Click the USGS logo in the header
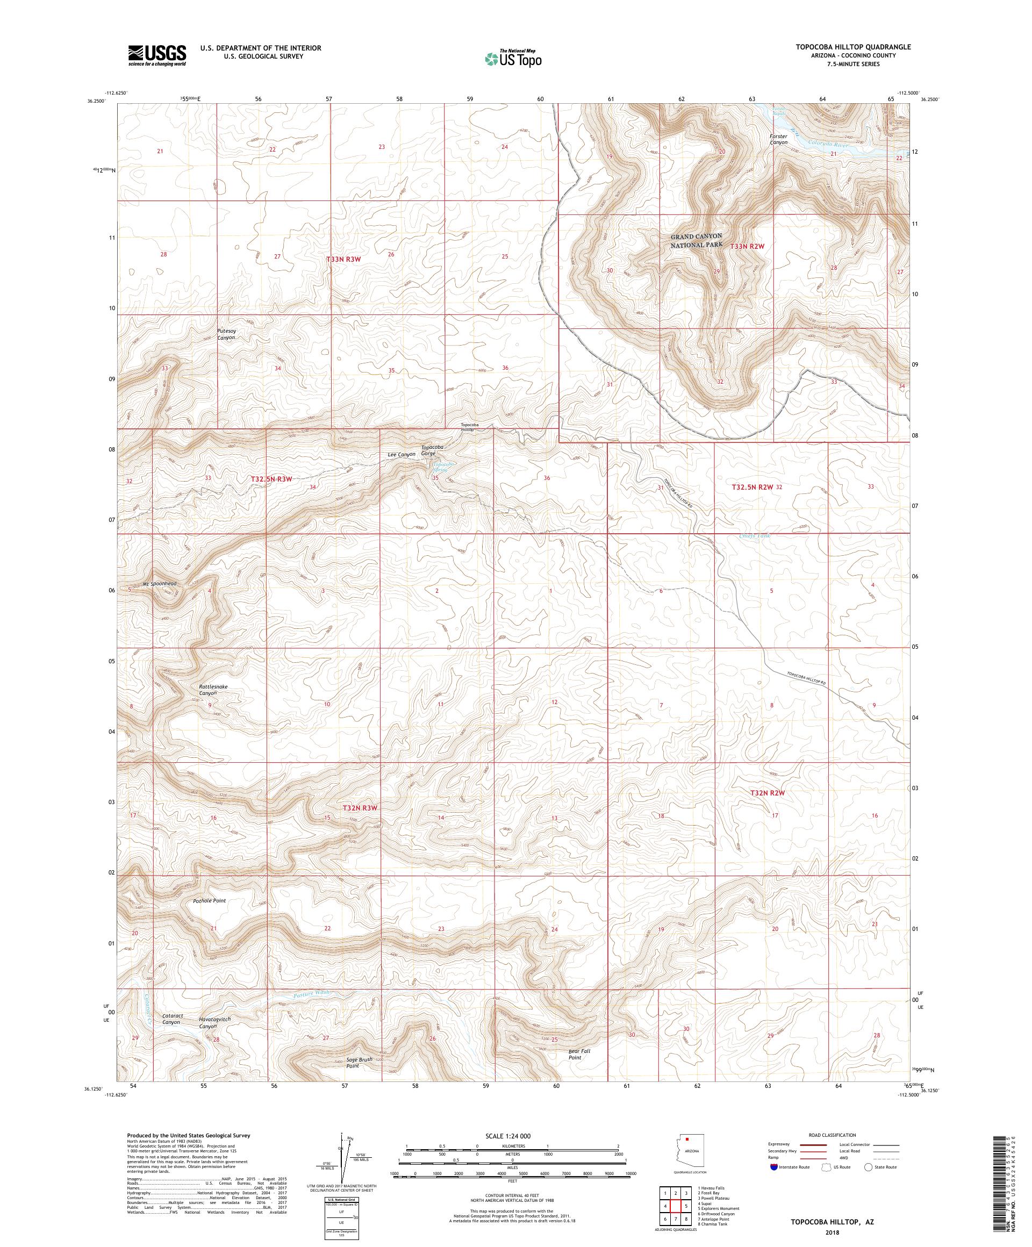157,56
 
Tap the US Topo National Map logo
514,58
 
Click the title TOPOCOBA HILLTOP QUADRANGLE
849,46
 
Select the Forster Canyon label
778,140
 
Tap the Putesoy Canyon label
227,334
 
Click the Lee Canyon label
402,454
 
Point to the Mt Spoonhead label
160,584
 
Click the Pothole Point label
210,901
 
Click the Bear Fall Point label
579,1054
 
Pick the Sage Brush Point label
359,1062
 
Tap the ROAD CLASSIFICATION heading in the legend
832,1135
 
